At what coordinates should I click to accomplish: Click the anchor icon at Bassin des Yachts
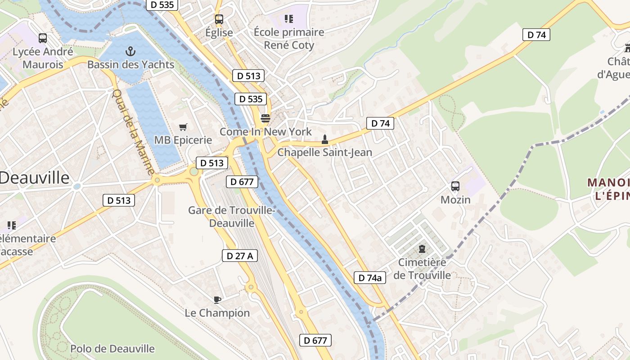(x=130, y=51)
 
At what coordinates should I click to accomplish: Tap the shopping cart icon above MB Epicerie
(x=183, y=127)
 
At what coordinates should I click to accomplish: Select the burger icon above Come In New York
(x=265, y=118)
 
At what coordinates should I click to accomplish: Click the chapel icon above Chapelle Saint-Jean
(x=324, y=139)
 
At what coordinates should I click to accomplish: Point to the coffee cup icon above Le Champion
(x=217, y=300)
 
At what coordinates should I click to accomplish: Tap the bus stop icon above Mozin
(x=455, y=186)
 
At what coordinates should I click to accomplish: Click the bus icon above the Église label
(x=219, y=19)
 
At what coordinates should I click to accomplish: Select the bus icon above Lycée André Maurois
(x=43, y=38)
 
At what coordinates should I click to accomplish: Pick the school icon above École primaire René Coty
(x=288, y=19)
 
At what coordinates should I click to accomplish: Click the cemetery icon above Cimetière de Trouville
(x=422, y=249)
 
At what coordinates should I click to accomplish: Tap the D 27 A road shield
(x=240, y=256)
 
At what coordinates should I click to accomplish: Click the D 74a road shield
(x=370, y=278)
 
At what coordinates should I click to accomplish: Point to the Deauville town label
(x=35, y=178)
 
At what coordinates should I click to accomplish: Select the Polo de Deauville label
(x=112, y=348)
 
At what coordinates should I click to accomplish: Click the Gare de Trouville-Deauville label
(x=232, y=216)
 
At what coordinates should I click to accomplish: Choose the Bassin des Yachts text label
(x=130, y=64)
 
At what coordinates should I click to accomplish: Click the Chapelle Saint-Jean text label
(x=324, y=152)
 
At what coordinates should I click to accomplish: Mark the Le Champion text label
(x=217, y=313)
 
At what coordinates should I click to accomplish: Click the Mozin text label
(x=455, y=199)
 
